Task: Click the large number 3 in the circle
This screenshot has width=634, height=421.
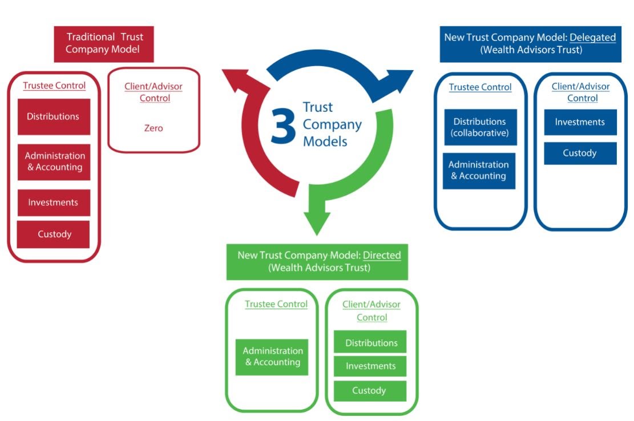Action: pyautogui.click(x=283, y=125)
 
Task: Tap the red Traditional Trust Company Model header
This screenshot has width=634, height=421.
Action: pyautogui.click(x=104, y=43)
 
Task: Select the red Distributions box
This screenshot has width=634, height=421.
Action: pyautogui.click(x=54, y=116)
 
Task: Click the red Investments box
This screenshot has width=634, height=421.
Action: pyautogui.click(x=54, y=203)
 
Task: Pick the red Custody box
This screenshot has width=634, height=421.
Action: pyautogui.click(x=54, y=234)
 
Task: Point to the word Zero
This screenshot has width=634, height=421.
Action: pyautogui.click(x=153, y=128)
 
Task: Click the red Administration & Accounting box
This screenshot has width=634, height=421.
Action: pyautogui.click(x=54, y=161)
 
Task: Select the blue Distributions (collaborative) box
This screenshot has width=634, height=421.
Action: pyautogui.click(x=480, y=127)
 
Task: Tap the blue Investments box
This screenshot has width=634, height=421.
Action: pyautogui.click(x=580, y=122)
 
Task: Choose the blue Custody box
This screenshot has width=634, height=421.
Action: pyautogui.click(x=580, y=153)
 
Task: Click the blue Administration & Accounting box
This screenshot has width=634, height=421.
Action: pyautogui.click(x=479, y=171)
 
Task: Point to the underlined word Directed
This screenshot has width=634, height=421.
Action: pyautogui.click(x=382, y=255)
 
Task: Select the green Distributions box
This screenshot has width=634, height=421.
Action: pyautogui.click(x=371, y=343)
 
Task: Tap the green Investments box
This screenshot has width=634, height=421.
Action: pyautogui.click(x=370, y=366)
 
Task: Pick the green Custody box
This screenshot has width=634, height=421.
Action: pyautogui.click(x=369, y=391)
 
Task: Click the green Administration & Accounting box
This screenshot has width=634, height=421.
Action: pyautogui.click(x=272, y=357)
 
